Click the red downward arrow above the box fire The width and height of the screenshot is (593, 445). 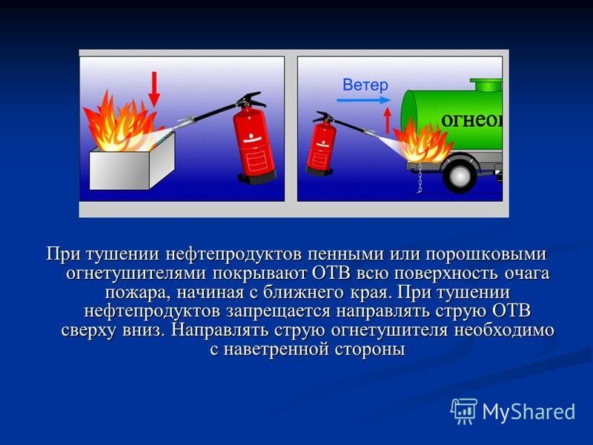coord(153,89)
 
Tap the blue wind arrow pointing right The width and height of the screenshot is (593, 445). coord(363,100)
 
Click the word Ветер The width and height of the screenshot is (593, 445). coord(365,85)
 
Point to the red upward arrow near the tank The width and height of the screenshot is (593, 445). coord(387,120)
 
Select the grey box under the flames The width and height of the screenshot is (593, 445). coord(132,162)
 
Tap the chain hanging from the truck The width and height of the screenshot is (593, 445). coord(420,177)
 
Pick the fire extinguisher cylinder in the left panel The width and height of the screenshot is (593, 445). coord(254,144)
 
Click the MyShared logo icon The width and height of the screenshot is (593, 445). coord(464,411)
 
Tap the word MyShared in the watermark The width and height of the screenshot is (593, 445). coord(529,412)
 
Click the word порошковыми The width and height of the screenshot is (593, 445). coord(486,254)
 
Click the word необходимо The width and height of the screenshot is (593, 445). coord(504,330)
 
